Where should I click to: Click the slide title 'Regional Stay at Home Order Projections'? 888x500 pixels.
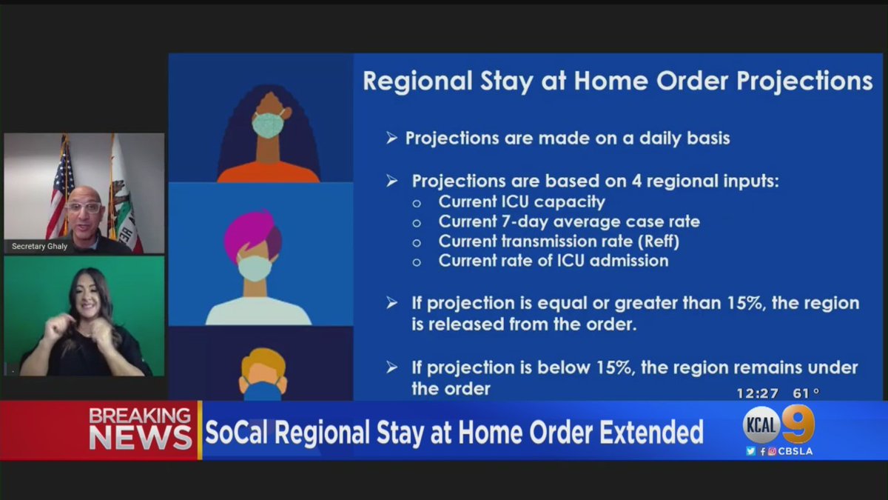coord(617,81)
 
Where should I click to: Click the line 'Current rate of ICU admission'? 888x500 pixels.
coord(553,261)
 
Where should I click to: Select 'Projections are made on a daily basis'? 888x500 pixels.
coord(567,139)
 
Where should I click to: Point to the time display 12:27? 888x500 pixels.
coord(757,393)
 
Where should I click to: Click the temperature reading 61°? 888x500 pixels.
coord(805,393)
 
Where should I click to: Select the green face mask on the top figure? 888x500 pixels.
coord(267,124)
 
